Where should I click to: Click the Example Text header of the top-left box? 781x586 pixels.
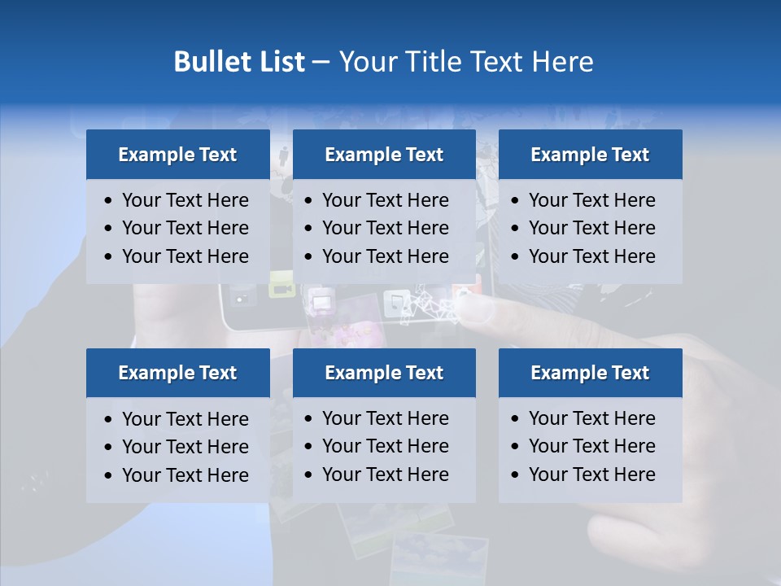point(177,155)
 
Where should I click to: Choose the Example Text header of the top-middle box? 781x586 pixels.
point(384,155)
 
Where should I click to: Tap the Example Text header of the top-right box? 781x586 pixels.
point(590,155)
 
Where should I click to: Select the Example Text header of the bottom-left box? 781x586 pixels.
point(177,373)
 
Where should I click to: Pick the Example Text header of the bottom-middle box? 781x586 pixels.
point(384,373)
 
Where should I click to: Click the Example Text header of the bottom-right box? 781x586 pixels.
point(590,373)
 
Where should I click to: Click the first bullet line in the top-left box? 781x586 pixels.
point(185,200)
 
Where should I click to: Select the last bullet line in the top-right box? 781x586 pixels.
point(591,256)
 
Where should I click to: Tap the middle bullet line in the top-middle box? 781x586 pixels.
point(385,228)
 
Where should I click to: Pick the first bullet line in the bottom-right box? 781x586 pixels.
point(591,418)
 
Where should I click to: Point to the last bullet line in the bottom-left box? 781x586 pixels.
point(185,475)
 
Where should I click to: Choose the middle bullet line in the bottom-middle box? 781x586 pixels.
point(385,446)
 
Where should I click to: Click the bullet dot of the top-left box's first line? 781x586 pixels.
point(109,201)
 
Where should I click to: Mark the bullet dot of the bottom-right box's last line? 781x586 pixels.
point(515,475)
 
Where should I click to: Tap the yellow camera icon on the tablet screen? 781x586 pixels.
point(281,289)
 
